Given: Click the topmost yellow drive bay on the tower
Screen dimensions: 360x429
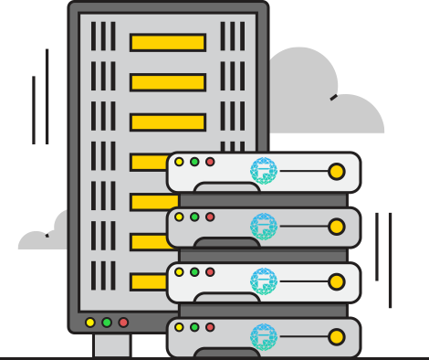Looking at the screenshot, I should pyautogui.click(x=167, y=42).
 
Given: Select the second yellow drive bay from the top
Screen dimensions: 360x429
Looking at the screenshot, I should pyautogui.click(x=167, y=82).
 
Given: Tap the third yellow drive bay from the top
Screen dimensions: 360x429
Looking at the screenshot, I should pyautogui.click(x=167, y=122).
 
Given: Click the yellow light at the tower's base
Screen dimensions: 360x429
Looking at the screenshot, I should pyautogui.click(x=90, y=323).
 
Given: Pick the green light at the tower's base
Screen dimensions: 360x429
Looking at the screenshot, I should pyautogui.click(x=107, y=323).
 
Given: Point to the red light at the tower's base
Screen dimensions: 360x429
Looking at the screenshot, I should pyautogui.click(x=123, y=323).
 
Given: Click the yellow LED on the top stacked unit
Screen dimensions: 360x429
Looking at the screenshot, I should pyautogui.click(x=179, y=162).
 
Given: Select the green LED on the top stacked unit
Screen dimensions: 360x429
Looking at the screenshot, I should pyautogui.click(x=194, y=162).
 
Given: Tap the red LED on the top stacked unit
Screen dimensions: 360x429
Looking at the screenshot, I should pyautogui.click(x=210, y=162).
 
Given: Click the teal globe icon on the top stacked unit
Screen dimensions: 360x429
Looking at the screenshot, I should pyautogui.click(x=263, y=171).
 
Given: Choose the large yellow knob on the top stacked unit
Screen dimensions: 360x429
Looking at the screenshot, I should pyautogui.click(x=336, y=172).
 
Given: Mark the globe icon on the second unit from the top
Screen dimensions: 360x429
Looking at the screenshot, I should pyautogui.click(x=263, y=226).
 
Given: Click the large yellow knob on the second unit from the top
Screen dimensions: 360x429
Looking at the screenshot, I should pyautogui.click(x=336, y=227).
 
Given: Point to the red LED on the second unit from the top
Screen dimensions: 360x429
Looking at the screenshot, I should pyautogui.click(x=210, y=217).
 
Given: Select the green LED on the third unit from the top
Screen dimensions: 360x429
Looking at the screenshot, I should pyautogui.click(x=194, y=271).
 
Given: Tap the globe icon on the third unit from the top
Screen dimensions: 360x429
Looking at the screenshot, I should pyautogui.click(x=263, y=281).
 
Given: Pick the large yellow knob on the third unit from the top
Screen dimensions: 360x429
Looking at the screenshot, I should pyautogui.click(x=336, y=281).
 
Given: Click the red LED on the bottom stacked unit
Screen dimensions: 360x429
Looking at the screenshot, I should pyautogui.click(x=210, y=326).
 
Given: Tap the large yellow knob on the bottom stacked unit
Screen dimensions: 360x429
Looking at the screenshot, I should pyautogui.click(x=336, y=336).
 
